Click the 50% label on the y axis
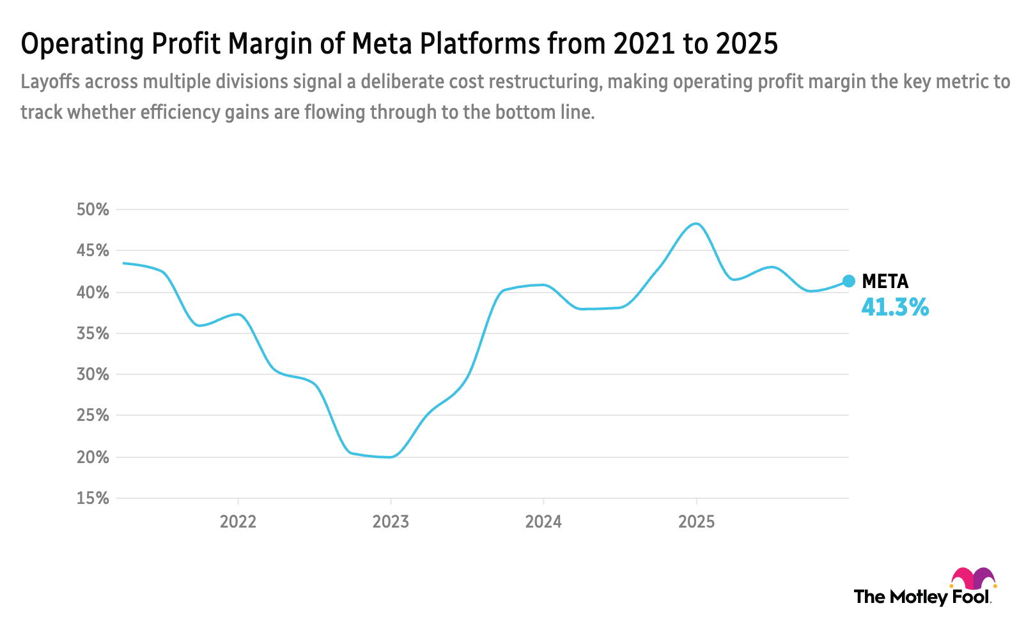tap(93, 209)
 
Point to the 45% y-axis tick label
tap(93, 250)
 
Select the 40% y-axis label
tap(93, 293)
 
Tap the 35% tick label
tap(93, 333)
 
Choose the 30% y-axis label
tap(93, 374)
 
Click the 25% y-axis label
tap(93, 415)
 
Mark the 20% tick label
tap(93, 457)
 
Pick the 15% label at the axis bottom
tap(93, 498)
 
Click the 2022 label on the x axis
tap(238, 522)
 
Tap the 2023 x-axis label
tap(391, 522)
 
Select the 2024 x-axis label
tap(543, 522)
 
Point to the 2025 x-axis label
tap(696, 522)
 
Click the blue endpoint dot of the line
tap(849, 281)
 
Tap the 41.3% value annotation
tap(895, 307)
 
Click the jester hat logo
tap(973, 579)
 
